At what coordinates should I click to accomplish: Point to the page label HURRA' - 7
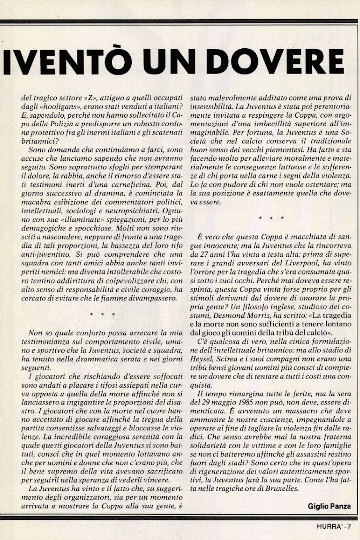click(332, 526)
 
